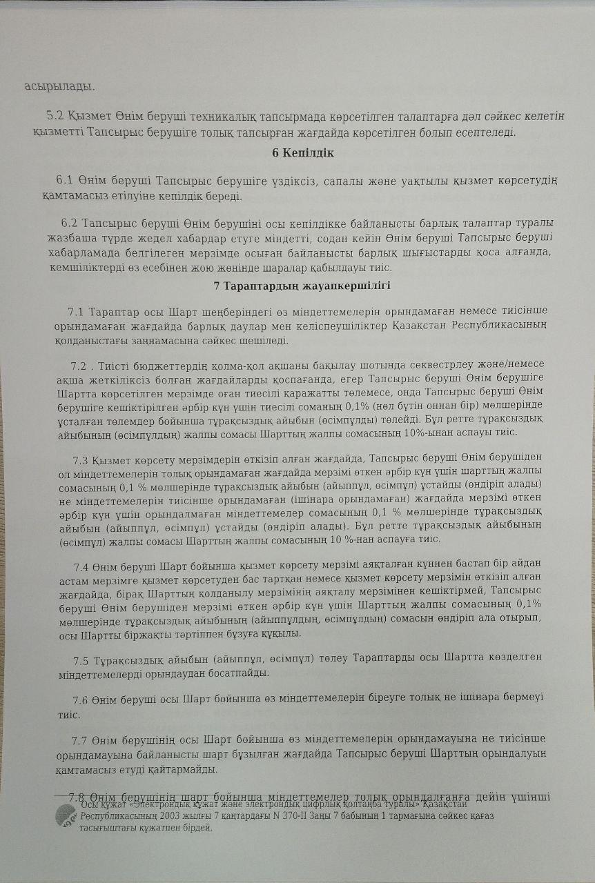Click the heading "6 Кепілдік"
click(x=303, y=153)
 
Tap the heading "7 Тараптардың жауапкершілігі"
click(x=303, y=286)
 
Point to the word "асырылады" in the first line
click(x=59, y=87)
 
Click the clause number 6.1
click(x=65, y=181)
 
